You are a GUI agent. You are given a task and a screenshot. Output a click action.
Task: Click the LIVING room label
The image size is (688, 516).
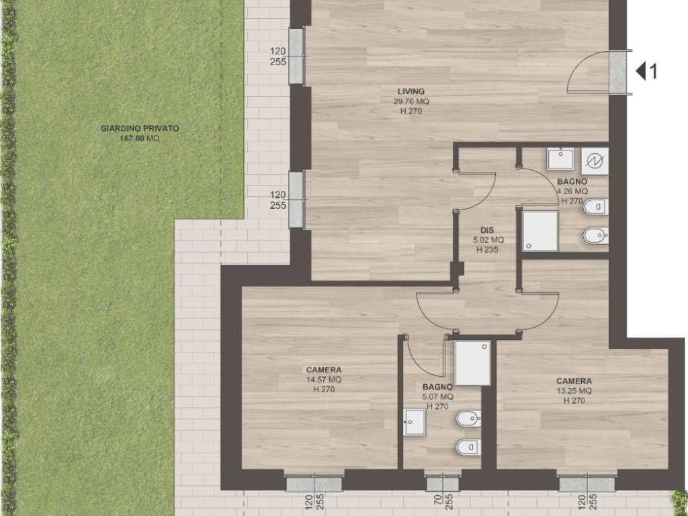pyautogui.click(x=411, y=91)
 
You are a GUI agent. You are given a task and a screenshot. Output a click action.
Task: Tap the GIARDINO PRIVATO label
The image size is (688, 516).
pyautogui.click(x=140, y=128)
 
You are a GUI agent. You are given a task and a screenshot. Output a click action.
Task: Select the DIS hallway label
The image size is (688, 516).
pyautogui.click(x=487, y=230)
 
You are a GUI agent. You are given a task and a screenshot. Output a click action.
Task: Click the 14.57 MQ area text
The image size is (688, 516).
pyautogui.click(x=324, y=380)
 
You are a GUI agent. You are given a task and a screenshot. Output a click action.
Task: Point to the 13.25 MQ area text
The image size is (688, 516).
pyautogui.click(x=574, y=391)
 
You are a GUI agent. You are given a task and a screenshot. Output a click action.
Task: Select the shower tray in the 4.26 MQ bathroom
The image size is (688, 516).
pyautogui.click(x=540, y=231)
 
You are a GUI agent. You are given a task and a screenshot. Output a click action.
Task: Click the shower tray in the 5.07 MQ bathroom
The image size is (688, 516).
pyautogui.click(x=472, y=363)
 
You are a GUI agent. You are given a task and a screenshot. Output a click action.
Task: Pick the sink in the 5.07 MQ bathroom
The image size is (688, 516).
pyautogui.click(x=414, y=422)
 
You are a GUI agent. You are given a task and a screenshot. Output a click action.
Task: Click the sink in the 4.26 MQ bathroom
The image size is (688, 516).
pyautogui.click(x=560, y=159)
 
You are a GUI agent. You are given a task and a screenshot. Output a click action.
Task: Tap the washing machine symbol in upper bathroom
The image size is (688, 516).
pyautogui.click(x=595, y=161)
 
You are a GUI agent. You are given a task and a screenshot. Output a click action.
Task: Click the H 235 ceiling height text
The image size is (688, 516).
pyautogui.click(x=487, y=250)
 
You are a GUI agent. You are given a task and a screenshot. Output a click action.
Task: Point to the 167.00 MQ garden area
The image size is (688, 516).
pyautogui.click(x=140, y=138)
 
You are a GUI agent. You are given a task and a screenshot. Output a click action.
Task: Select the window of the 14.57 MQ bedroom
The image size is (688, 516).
pyautogui.click(x=314, y=483)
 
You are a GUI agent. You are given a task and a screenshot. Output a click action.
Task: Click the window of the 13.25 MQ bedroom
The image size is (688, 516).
pyautogui.click(x=587, y=483)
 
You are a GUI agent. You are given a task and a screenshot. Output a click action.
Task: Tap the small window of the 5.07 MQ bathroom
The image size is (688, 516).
pyautogui.click(x=443, y=483)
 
